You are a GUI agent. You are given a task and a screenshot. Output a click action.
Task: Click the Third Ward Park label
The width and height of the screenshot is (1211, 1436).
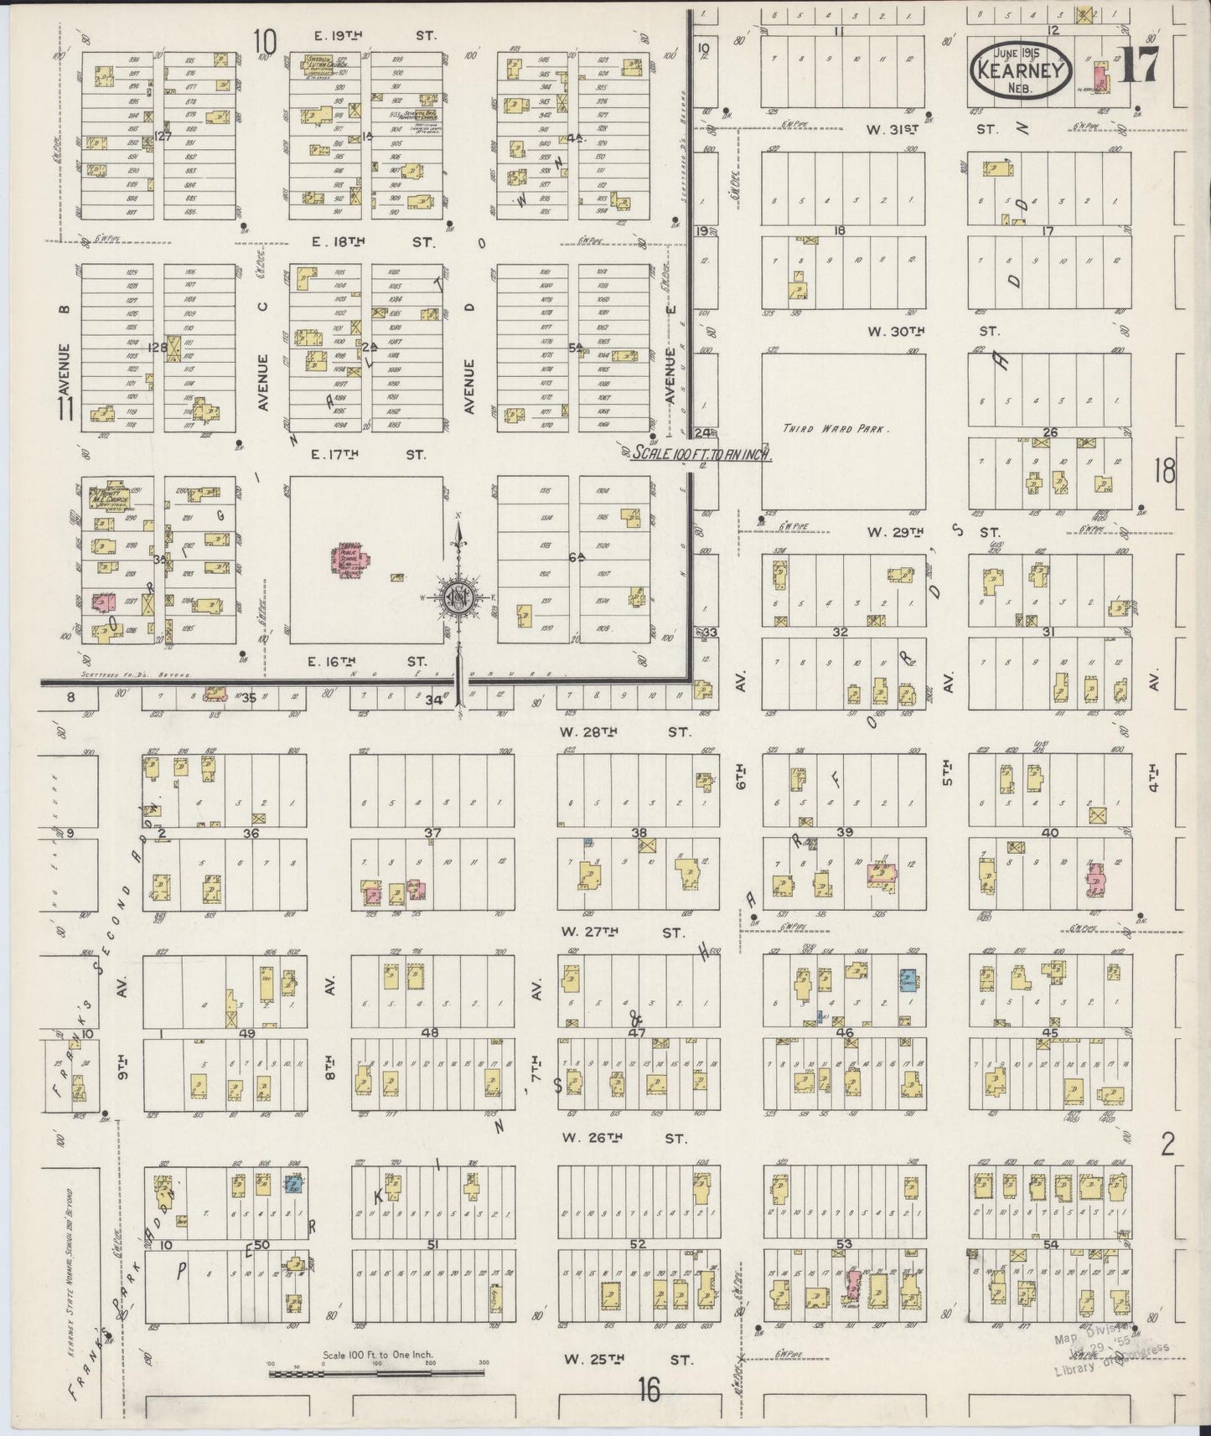tap(836, 429)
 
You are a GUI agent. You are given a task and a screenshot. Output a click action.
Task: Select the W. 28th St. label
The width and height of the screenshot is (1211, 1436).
tap(625, 731)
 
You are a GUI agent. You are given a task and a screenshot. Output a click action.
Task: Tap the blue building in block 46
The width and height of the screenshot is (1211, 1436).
tap(908, 980)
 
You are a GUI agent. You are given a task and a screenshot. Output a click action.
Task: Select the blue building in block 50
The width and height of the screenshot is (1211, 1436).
tap(293, 1184)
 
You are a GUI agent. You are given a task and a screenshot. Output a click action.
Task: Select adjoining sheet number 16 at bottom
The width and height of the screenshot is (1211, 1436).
tap(646, 1392)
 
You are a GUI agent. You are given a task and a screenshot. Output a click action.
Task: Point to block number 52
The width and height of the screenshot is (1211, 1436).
tap(638, 1244)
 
